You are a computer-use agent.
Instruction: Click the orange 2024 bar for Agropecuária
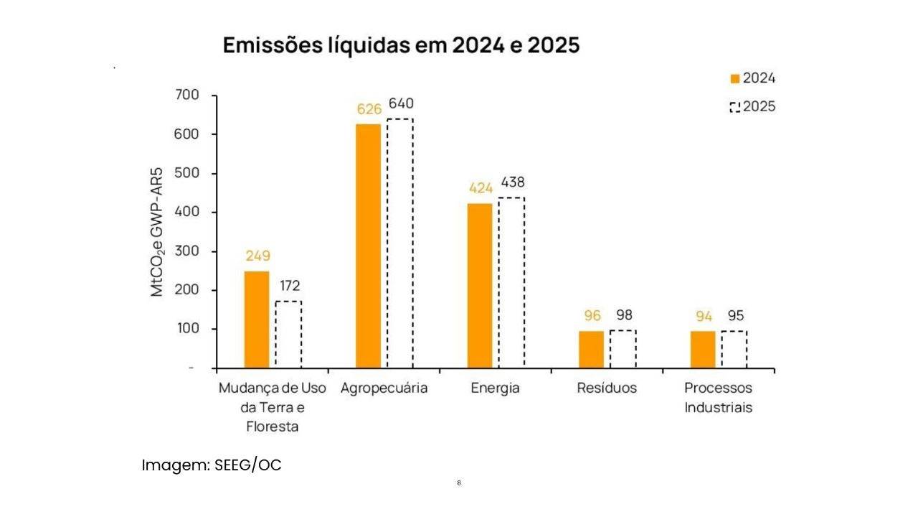coord(369,246)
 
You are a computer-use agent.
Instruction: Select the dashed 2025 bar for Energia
coord(511,283)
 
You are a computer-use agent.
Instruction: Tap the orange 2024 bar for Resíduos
coord(592,350)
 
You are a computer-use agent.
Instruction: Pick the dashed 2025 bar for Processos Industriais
coord(734,350)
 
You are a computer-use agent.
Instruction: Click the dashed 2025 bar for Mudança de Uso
coord(288,335)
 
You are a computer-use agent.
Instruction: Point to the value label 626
coord(369,110)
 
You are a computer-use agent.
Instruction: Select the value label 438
coord(512,182)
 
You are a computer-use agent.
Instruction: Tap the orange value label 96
coord(592,316)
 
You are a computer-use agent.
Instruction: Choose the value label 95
coord(736,316)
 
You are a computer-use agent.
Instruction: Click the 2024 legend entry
coord(752,79)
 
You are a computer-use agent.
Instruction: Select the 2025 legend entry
coord(752,107)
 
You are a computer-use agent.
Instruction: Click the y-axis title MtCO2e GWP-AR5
coord(157,232)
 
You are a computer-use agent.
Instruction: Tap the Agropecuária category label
coord(384,388)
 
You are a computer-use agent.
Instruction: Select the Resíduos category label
coord(607,388)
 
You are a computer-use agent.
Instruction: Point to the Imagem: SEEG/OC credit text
coord(212,465)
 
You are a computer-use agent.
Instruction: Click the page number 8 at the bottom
coord(459,483)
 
